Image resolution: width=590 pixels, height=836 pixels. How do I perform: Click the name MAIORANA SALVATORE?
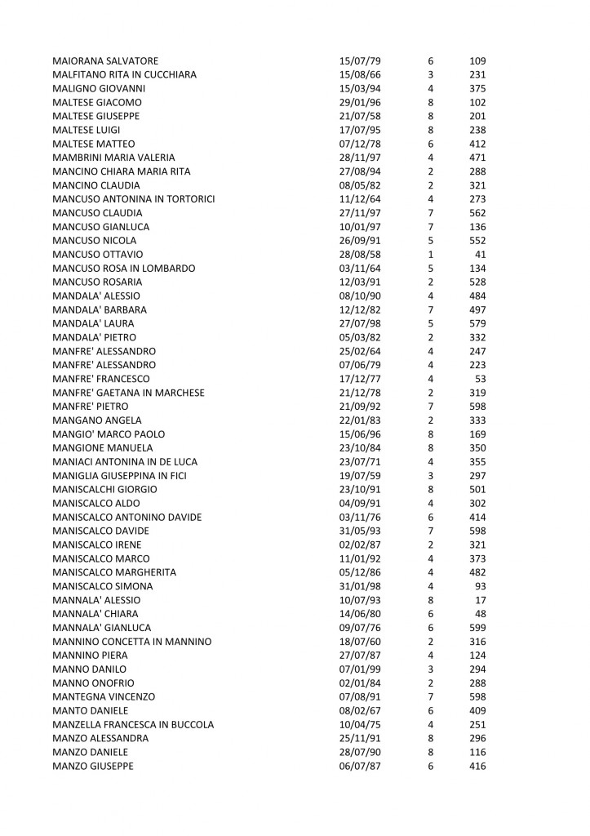tap(104, 61)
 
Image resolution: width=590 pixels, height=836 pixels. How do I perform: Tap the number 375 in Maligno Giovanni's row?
tap(477, 89)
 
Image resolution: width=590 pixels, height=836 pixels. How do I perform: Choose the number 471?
tap(477, 158)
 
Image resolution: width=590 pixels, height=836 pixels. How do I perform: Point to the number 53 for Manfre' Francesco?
tap(481, 379)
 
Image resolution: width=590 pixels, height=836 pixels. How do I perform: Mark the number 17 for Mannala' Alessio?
tap(481, 600)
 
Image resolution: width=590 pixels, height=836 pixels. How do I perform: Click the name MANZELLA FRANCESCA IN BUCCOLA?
tap(133, 724)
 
